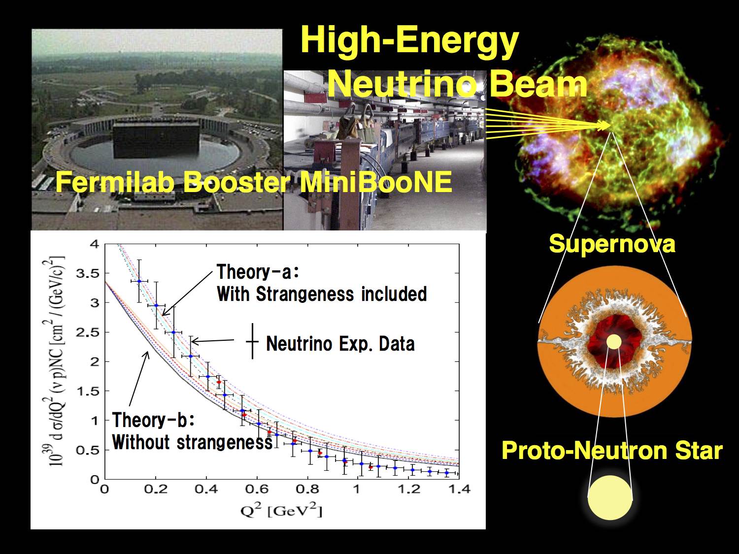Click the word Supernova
pyautogui.click(x=612, y=244)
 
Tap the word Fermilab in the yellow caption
pyautogui.click(x=115, y=182)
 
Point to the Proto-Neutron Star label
pyautogui.click(x=612, y=450)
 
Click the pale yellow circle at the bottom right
pyautogui.click(x=610, y=497)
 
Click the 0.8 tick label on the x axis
pyautogui.click(x=307, y=489)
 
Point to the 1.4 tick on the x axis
pyautogui.click(x=459, y=489)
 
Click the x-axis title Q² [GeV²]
pyautogui.click(x=281, y=511)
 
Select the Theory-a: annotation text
pyautogui.click(x=258, y=272)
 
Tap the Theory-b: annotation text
pyautogui.click(x=153, y=420)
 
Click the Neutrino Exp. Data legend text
pyautogui.click(x=340, y=344)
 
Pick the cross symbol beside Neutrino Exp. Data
pyautogui.click(x=253, y=342)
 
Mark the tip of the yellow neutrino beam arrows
pyautogui.click(x=610, y=126)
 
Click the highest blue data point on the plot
pyautogui.click(x=139, y=281)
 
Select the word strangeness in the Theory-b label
pyautogui.click(x=225, y=442)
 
